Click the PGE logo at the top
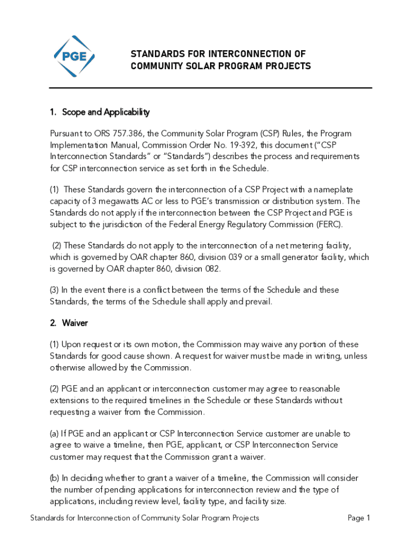pyautogui.click(x=74, y=56)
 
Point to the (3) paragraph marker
pyautogui.click(x=55, y=290)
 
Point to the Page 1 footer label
pyautogui.click(x=359, y=518)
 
